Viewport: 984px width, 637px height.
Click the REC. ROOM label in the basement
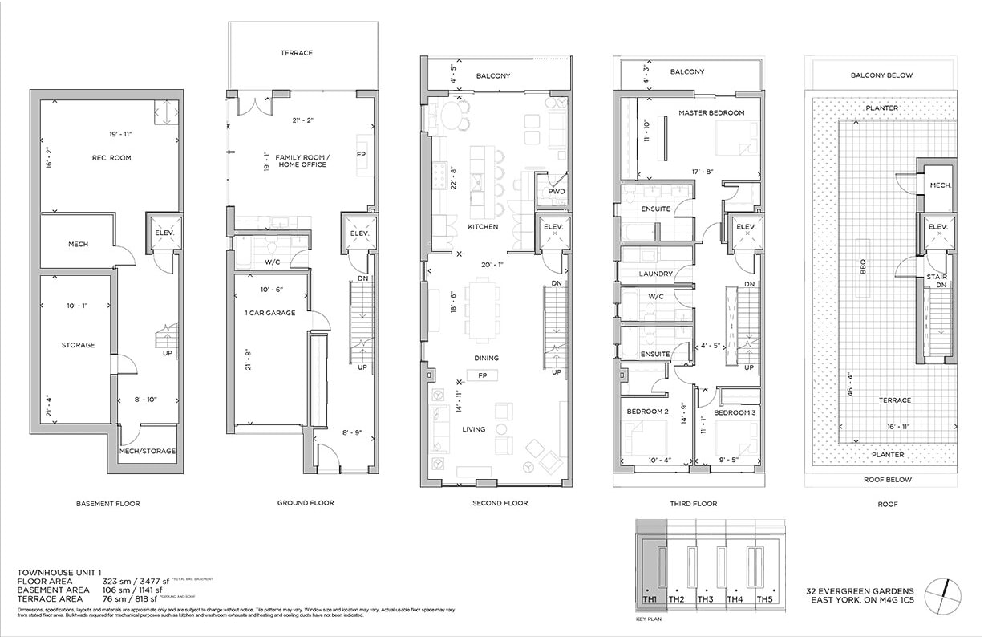(x=110, y=158)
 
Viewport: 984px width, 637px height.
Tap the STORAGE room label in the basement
(x=78, y=345)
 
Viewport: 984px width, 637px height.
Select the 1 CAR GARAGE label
(x=270, y=313)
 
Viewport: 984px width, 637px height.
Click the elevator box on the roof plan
(x=938, y=228)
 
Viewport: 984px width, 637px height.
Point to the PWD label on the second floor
(x=557, y=193)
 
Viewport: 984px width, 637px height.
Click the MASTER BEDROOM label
(x=711, y=113)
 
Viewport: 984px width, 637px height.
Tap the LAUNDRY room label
(x=657, y=274)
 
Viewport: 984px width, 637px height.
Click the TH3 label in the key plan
(x=705, y=599)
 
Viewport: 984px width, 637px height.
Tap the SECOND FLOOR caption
(x=500, y=504)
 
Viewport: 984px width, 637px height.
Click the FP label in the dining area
(x=484, y=375)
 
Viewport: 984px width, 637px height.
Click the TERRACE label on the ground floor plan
(x=296, y=53)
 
